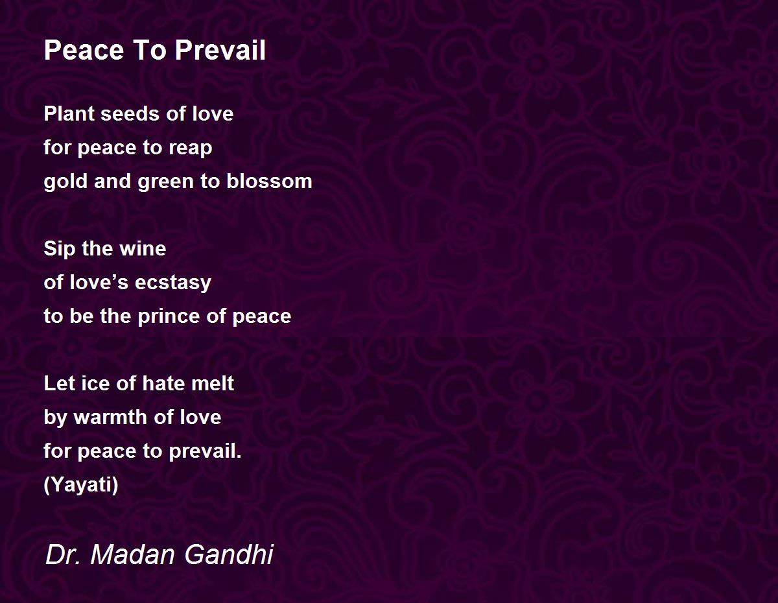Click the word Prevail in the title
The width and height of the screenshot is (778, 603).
pos(220,50)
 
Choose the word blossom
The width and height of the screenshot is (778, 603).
pos(269,181)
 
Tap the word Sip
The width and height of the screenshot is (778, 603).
pos(60,249)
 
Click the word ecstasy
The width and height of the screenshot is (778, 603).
pos(173,283)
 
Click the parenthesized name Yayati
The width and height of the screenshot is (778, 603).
pos(81,486)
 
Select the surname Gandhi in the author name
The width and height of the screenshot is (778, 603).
pos(229,554)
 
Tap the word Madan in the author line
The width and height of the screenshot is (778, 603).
pos(132,554)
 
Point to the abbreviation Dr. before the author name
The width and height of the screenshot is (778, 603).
pos(63,554)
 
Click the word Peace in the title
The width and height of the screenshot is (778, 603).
pos(84,50)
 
